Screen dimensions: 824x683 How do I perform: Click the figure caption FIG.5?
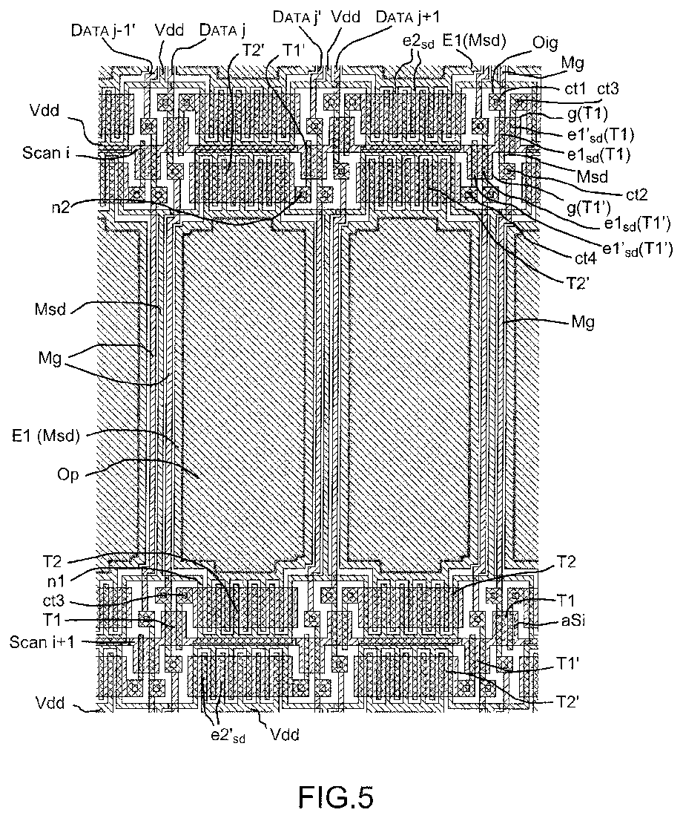335,797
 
